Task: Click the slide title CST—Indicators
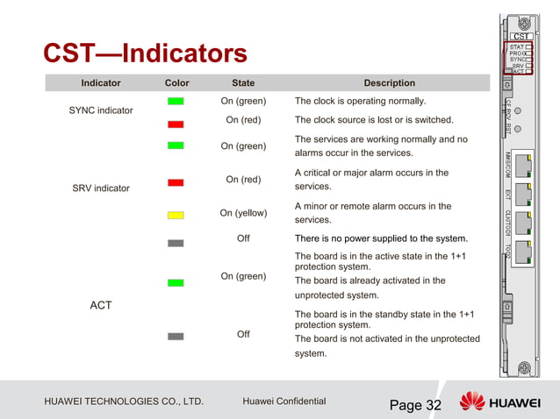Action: [x=145, y=54]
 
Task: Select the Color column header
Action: [x=176, y=83]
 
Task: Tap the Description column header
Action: [x=390, y=83]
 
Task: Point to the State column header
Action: [x=243, y=83]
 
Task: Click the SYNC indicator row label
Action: [x=101, y=110]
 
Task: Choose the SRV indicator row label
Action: [x=101, y=188]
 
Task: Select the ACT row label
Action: [x=101, y=305]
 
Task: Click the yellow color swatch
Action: [x=176, y=215]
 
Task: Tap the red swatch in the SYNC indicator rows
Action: [x=176, y=124]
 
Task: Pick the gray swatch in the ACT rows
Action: [x=176, y=336]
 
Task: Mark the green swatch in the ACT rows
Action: [x=176, y=283]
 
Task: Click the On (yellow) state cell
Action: [x=243, y=213]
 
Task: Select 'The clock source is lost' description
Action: [x=374, y=120]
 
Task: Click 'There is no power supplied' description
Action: [x=381, y=238]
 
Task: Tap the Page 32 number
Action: [x=415, y=405]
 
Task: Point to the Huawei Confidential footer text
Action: [x=284, y=402]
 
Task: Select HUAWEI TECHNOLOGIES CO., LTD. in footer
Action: [x=124, y=402]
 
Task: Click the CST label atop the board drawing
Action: [x=520, y=36]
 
